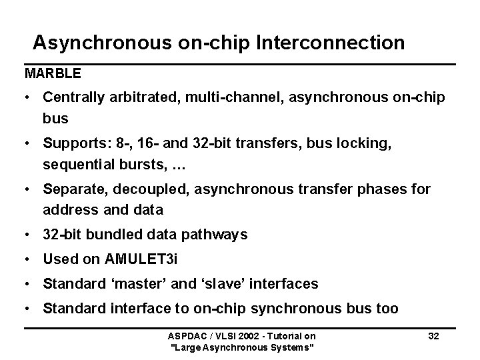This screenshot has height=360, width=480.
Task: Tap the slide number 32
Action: pyautogui.click(x=433, y=336)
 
